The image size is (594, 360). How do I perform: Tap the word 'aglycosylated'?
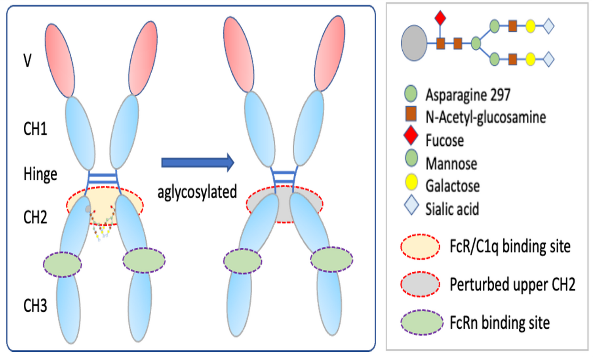[197, 192]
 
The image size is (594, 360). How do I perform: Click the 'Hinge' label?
[40, 174]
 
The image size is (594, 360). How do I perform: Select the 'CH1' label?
[35, 129]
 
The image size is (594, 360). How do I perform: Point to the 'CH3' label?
[35, 306]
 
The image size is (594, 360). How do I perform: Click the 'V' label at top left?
[27, 61]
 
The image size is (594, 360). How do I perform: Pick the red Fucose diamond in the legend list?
[411, 135]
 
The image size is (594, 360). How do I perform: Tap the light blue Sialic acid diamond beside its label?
[411, 205]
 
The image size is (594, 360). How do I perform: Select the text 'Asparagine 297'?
[468, 95]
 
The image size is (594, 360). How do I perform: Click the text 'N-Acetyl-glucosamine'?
[485, 117]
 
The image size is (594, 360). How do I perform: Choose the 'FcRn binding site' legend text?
[499, 323]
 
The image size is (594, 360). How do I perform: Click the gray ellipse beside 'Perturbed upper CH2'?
[420, 284]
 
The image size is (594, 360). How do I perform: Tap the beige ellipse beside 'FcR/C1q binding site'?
[420, 246]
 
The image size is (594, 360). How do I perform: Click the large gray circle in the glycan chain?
[414, 43]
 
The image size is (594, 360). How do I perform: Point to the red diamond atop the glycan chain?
[440, 18]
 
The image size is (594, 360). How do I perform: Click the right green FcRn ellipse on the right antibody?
[331, 259]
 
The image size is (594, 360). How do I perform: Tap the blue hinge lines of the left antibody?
[103, 178]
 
